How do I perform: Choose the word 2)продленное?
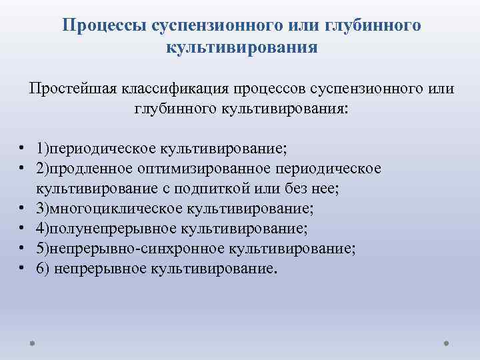coord(79,168)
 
